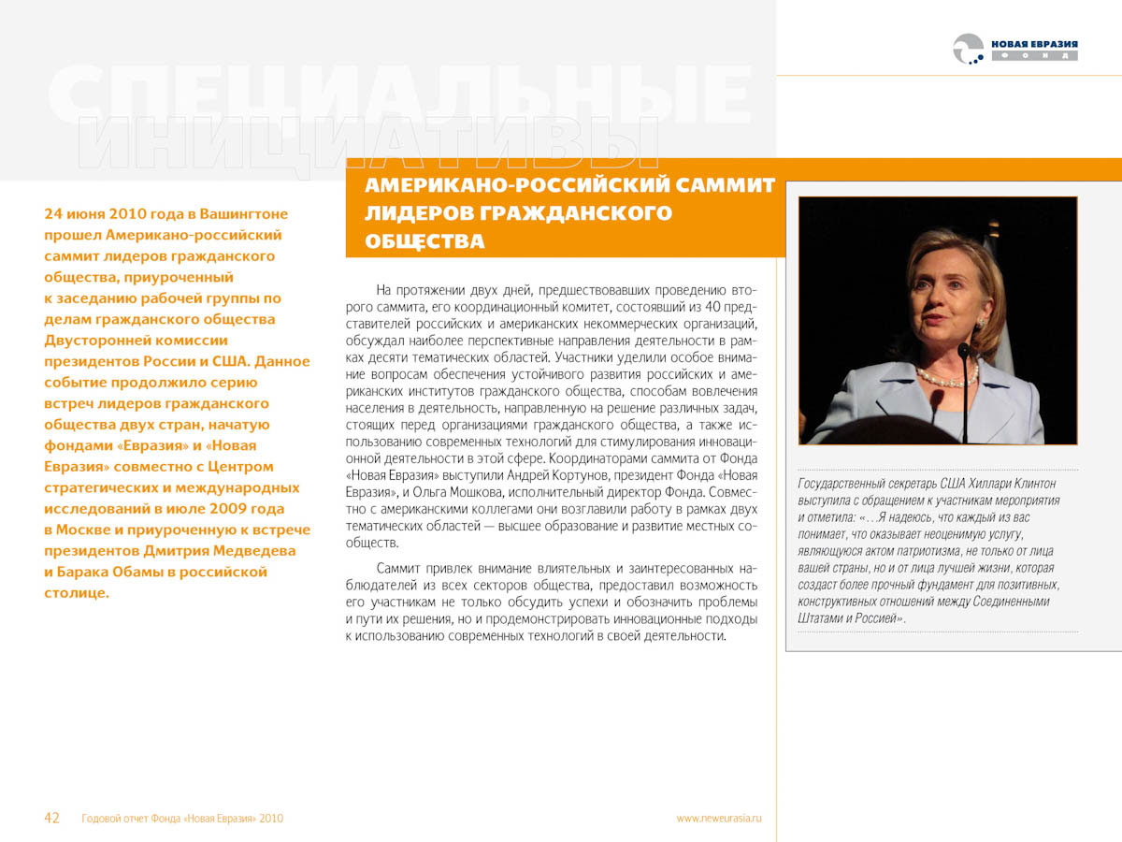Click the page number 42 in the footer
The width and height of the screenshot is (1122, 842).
52,819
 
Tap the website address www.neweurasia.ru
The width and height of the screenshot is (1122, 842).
719,819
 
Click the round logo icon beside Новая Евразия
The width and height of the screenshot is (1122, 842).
969,49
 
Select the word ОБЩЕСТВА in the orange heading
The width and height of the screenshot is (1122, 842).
424,241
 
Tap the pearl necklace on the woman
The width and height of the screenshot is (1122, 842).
946,377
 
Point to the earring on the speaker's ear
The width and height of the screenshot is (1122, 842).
982,322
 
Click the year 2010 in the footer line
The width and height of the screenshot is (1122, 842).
271,819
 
